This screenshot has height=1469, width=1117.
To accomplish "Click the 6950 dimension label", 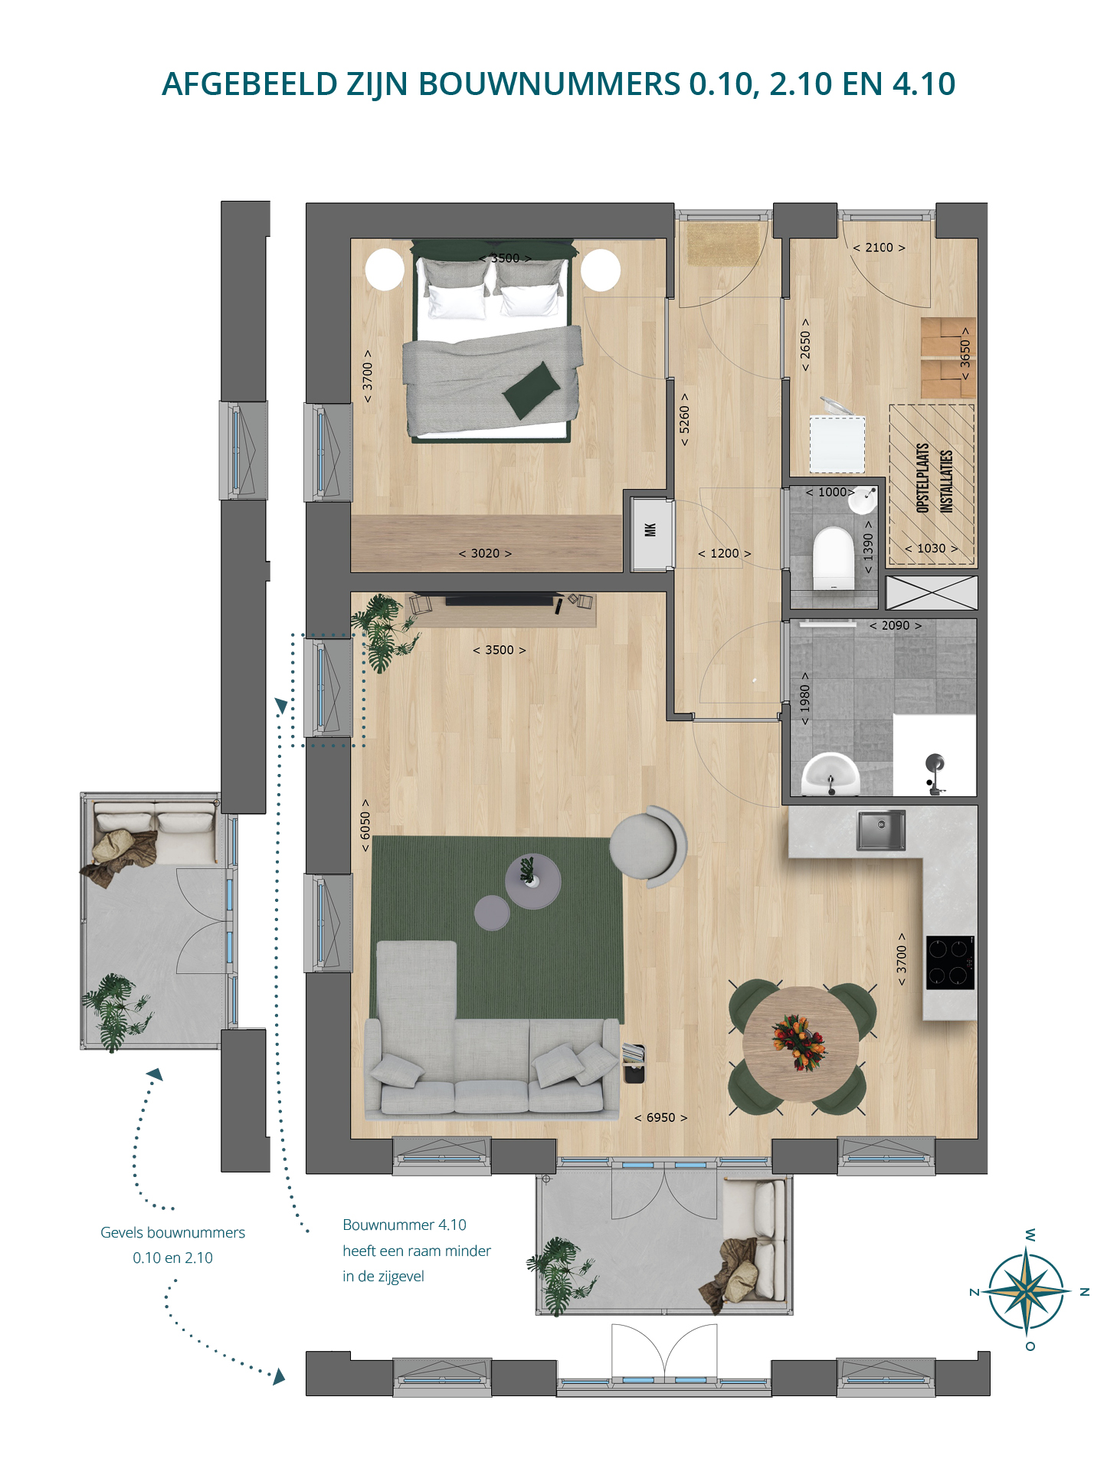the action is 660,1117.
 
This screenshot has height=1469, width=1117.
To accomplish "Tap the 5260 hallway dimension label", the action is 684,419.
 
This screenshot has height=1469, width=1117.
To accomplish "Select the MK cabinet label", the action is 650,530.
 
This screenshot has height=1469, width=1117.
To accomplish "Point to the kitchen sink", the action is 881,830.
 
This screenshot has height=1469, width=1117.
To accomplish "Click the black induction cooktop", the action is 950,962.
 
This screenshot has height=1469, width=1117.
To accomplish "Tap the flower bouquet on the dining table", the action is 799,1041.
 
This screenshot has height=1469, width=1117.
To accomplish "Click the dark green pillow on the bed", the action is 532,390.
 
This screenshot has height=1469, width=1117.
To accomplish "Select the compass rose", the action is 1027,1290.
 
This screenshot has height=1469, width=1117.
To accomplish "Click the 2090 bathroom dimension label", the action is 895,625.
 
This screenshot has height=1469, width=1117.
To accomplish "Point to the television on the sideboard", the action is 500,599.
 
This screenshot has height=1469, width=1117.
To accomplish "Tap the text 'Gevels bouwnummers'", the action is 173,1232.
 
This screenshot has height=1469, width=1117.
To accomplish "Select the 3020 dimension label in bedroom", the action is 485,553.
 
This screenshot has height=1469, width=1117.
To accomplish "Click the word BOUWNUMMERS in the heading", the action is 549,84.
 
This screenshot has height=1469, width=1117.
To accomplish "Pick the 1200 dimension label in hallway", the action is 724,553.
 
